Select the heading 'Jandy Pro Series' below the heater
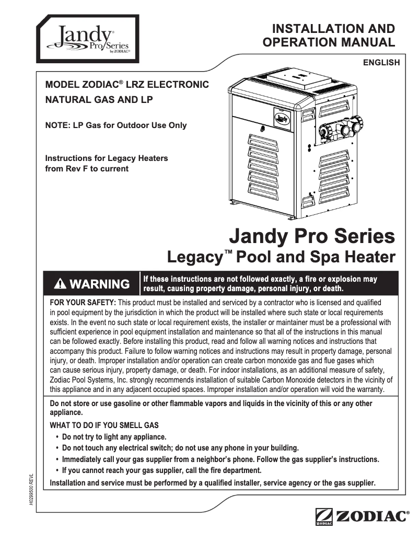point(312,236)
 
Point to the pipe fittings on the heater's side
point(341,128)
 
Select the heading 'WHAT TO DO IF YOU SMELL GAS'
point(104,425)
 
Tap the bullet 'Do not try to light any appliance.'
point(114,437)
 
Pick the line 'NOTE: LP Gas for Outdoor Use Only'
point(116,125)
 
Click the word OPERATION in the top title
point(298,42)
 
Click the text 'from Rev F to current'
point(87,168)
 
